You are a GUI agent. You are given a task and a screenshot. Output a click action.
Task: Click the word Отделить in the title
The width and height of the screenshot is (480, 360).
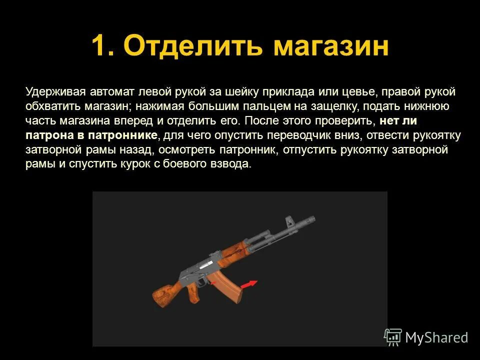[193, 46]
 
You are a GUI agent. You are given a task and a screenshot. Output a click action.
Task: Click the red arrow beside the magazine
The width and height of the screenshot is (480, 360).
[248, 284]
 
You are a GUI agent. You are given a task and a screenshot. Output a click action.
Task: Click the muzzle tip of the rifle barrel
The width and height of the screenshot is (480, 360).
[312, 219]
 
